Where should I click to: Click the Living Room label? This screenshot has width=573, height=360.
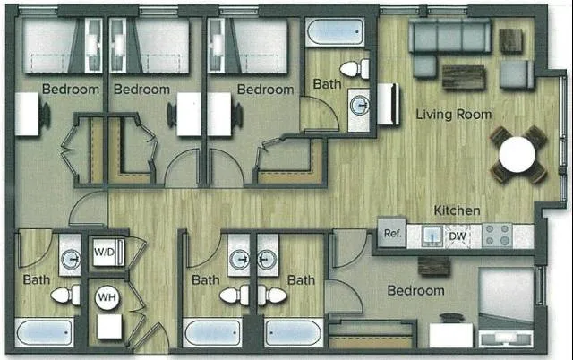click(x=453, y=115)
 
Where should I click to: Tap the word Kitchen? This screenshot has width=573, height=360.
click(x=457, y=210)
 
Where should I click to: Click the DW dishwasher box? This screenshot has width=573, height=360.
click(x=457, y=236)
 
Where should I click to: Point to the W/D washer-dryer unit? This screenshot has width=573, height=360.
click(x=104, y=252)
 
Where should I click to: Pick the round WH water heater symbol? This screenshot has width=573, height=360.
click(x=107, y=297)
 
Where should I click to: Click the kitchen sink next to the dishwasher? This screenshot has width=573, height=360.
click(x=431, y=236)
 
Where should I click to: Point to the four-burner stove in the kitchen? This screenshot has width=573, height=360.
click(x=497, y=236)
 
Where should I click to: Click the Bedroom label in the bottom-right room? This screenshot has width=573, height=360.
click(x=415, y=291)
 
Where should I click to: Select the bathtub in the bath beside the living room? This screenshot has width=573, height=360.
click(x=335, y=35)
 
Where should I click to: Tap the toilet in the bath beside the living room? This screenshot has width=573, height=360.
click(x=355, y=68)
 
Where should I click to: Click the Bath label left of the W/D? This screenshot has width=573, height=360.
click(x=37, y=279)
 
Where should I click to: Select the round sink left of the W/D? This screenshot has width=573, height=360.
click(x=71, y=261)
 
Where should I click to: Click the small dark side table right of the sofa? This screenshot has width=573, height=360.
click(x=511, y=40)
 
